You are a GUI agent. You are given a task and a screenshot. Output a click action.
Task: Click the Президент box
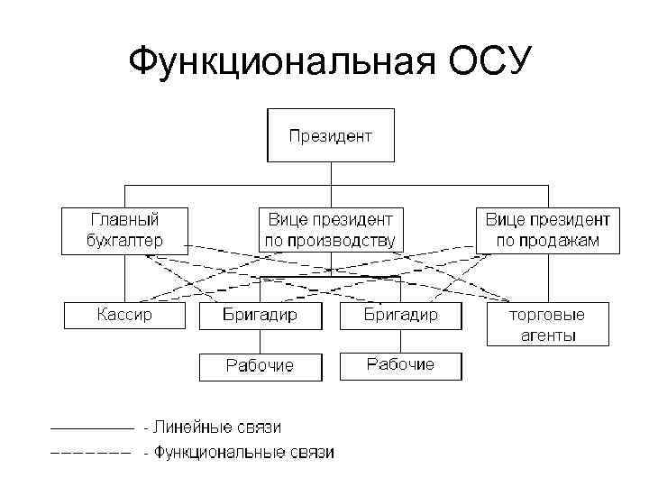coord(330,136)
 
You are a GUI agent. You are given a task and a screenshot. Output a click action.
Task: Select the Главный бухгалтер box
coord(124,230)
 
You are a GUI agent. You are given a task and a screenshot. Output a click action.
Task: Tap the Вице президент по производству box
coord(330,230)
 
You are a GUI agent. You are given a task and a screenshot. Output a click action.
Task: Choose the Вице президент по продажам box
coord(547,230)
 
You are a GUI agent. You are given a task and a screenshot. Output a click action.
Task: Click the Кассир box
coord(124,316)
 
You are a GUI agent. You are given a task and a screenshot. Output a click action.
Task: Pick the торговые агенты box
coord(547,325)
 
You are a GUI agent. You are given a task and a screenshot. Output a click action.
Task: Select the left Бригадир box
coord(260,316)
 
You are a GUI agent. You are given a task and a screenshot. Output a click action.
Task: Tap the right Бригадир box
coord(400,316)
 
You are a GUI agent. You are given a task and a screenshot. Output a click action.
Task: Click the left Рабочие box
coord(260,365)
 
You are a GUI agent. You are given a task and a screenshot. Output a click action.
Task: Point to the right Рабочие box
coord(400,364)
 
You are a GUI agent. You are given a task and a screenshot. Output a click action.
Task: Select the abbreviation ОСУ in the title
coord(482,61)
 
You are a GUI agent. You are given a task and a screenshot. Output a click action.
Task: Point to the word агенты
coord(547,335)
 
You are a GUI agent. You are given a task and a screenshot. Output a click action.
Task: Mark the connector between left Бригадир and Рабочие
coord(260,341)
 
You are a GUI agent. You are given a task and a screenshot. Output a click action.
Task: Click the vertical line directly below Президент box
coord(331,174)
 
